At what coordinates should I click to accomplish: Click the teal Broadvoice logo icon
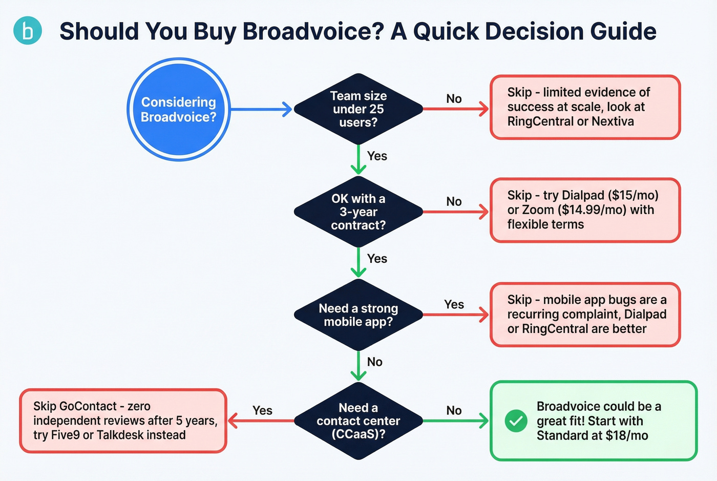[x=27, y=31]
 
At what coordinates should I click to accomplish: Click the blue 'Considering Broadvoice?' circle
[x=178, y=109]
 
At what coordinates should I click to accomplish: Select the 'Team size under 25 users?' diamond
[x=358, y=109]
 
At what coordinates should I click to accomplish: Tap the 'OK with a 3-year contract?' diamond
[x=358, y=212]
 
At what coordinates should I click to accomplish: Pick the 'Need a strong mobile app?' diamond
[x=358, y=315]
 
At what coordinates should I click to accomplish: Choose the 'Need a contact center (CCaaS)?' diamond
[x=358, y=421]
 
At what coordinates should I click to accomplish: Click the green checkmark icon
[x=516, y=421]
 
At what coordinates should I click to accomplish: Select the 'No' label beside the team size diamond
[x=454, y=99]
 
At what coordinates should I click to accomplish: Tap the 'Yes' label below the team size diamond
[x=377, y=156]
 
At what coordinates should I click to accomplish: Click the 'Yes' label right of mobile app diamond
[x=454, y=304]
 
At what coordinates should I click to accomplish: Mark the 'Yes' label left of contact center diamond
[x=262, y=410]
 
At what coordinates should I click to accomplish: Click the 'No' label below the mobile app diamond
[x=374, y=362]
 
